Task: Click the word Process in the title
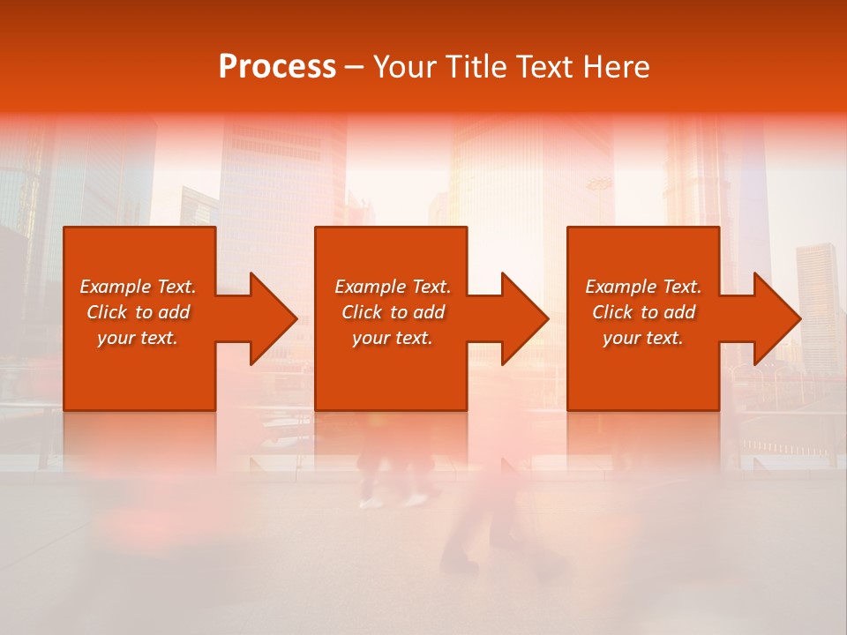277,67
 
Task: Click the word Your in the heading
407,67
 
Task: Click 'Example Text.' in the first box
138,287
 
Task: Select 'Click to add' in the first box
138,312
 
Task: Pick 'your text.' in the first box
138,338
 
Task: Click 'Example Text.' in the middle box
393,287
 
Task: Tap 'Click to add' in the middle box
393,312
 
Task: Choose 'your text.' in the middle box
393,338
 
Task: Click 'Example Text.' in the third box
643,287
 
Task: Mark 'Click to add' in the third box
643,312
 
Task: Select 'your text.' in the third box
643,338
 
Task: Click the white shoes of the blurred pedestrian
393,501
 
